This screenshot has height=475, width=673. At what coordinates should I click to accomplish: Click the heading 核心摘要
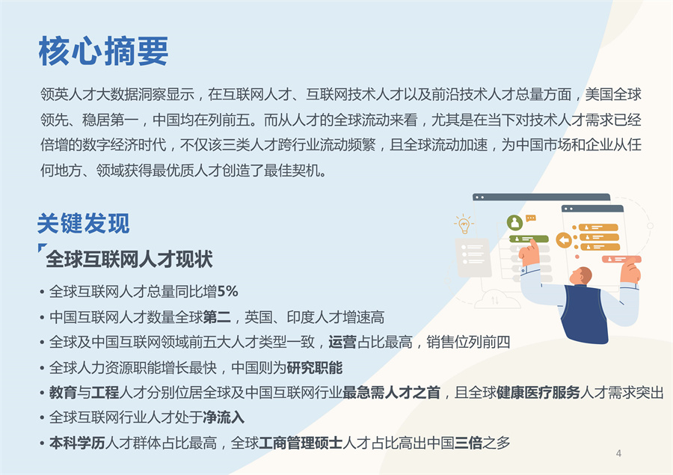pos(103,52)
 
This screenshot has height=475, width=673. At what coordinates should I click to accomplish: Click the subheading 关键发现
pos(83,223)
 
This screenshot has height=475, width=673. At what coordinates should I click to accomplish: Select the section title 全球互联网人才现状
pos(129,259)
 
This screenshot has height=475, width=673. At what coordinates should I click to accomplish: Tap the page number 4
pos(618,453)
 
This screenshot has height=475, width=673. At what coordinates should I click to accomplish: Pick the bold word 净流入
pos(223,417)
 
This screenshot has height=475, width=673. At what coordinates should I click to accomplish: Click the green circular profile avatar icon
pos(514,222)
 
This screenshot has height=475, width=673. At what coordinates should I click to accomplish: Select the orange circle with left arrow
pos(563,240)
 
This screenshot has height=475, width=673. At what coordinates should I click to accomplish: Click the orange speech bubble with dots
pos(531,218)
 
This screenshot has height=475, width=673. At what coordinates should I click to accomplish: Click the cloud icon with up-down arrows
pos(494,300)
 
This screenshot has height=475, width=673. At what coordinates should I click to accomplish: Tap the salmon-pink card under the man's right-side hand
pos(621,260)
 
